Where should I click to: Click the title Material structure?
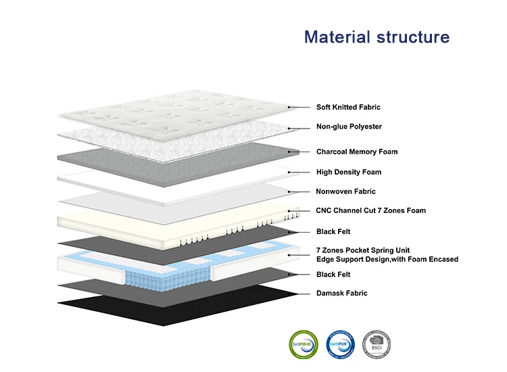pos(377,37)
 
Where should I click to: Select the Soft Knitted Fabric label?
pos(348,107)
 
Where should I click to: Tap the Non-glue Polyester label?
pos(349,126)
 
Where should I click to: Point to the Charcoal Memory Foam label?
pos(357,152)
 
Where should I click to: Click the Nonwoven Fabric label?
pos(345,191)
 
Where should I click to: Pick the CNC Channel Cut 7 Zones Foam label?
pos(371,210)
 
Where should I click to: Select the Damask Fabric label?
pos(342,293)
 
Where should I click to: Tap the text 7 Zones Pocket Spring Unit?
pos(363,250)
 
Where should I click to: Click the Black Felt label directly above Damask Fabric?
pos(334,274)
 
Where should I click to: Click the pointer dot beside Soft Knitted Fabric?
pos(289,107)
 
